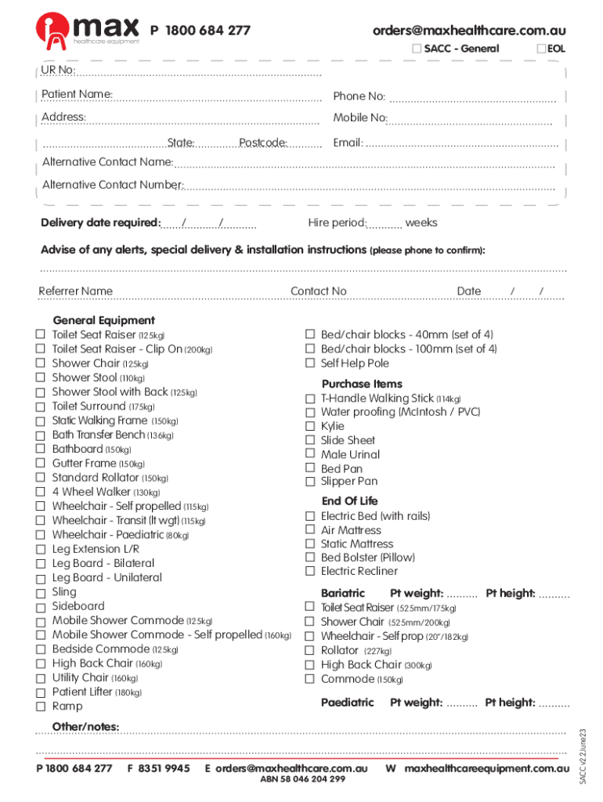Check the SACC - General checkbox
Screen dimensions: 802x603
(x=417, y=49)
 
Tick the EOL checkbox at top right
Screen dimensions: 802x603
(x=541, y=49)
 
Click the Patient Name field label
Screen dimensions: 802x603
(x=77, y=95)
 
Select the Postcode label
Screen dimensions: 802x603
(x=263, y=143)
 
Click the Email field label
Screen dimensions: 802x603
(x=348, y=143)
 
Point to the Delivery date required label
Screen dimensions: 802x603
(x=100, y=223)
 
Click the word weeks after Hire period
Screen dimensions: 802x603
(x=421, y=223)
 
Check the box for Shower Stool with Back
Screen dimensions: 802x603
(x=40, y=392)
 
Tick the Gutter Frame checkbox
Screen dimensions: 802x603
(x=40, y=464)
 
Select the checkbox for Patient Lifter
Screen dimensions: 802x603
(x=40, y=692)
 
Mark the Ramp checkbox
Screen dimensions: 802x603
(x=40, y=706)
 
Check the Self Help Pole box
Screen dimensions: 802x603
(x=310, y=363)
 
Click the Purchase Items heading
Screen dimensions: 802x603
(x=362, y=384)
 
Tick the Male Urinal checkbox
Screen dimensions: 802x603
(x=310, y=455)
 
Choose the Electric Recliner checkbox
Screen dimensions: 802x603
(x=310, y=572)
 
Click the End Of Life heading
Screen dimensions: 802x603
(x=349, y=501)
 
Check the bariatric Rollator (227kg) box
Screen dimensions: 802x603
(x=310, y=651)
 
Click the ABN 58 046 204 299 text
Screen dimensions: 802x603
(x=302, y=779)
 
